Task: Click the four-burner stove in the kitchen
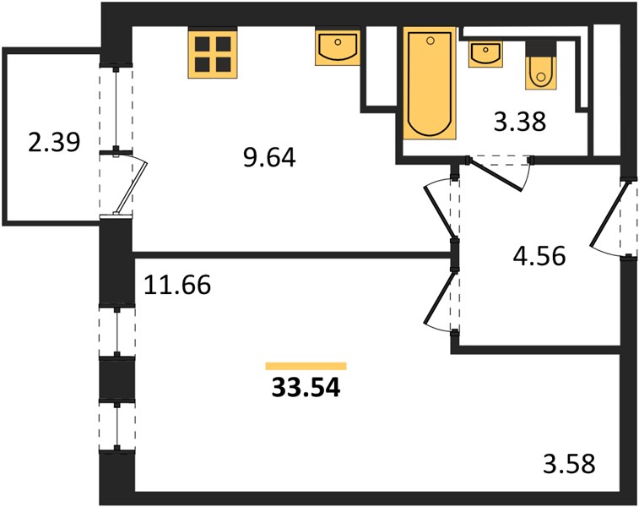click(213, 52)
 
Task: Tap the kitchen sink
click(338, 47)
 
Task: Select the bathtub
click(429, 84)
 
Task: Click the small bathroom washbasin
click(485, 54)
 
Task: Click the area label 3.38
click(520, 122)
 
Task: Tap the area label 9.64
click(269, 157)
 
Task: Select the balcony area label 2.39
click(54, 142)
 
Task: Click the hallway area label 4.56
click(539, 256)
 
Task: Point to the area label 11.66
click(177, 284)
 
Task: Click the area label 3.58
click(569, 464)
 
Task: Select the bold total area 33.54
click(306, 388)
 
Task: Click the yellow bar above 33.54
click(306, 366)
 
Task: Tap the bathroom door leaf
click(495, 175)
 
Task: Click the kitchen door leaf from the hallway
click(440, 212)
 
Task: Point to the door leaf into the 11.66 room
click(440, 297)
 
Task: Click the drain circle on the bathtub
click(431, 41)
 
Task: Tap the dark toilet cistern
click(541, 49)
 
